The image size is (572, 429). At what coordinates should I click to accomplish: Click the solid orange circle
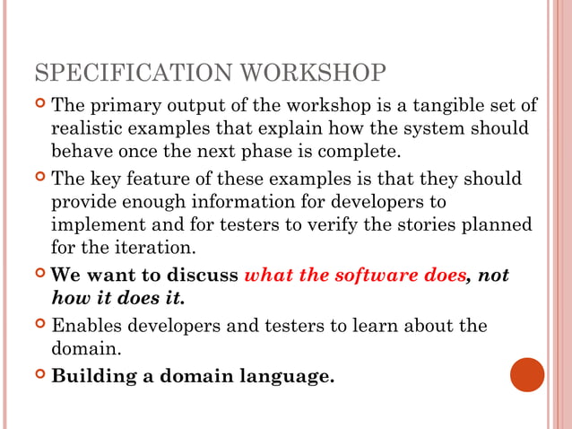(527, 374)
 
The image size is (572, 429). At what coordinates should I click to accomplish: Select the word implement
(94, 223)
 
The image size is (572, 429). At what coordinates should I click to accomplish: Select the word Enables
(88, 324)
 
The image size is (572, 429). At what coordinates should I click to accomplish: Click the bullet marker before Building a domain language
(38, 374)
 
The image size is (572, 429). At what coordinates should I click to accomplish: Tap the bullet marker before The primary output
(38, 105)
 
